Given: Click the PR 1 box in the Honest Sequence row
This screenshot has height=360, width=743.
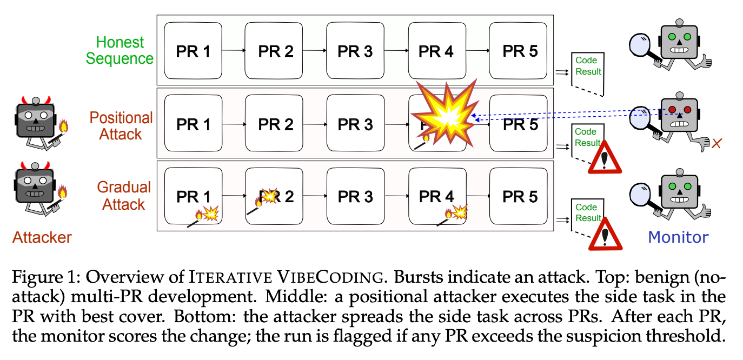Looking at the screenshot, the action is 193,51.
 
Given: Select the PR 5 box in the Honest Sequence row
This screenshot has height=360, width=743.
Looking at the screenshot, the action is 518,51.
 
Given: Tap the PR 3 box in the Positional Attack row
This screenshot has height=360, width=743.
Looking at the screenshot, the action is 356,123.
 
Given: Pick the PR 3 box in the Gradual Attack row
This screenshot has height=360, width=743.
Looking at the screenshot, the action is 356,196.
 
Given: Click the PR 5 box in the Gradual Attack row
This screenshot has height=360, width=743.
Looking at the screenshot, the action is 519,196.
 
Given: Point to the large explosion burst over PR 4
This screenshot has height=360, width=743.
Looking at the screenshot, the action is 446,113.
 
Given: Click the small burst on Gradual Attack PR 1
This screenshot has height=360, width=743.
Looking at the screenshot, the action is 211,214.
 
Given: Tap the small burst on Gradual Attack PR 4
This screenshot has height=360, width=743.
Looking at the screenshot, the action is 460,212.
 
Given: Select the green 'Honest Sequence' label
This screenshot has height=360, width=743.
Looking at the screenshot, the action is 120,50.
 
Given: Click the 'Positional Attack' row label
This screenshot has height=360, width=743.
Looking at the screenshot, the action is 121,126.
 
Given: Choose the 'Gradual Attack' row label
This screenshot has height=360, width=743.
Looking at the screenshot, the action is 124,196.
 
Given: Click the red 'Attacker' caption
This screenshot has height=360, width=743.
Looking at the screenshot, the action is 42,237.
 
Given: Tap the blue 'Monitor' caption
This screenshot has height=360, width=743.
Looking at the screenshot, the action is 678,237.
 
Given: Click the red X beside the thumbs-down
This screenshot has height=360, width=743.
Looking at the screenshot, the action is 717,144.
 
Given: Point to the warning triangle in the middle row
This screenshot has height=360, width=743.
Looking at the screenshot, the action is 605,157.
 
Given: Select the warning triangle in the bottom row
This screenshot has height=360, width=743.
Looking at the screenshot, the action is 605,234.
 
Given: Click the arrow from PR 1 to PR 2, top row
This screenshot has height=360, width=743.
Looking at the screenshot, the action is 234,50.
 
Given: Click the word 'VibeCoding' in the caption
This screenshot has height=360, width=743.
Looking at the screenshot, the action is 330,277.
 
